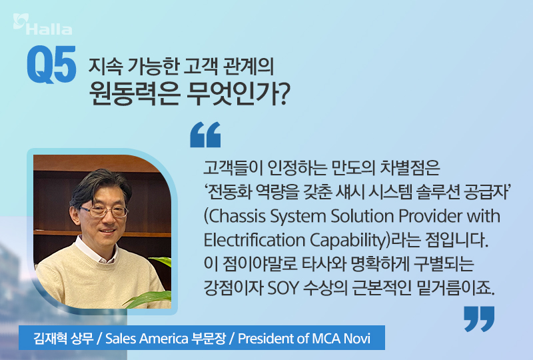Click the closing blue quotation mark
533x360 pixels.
[x=479, y=319]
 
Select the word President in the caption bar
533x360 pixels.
[x=266, y=337]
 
